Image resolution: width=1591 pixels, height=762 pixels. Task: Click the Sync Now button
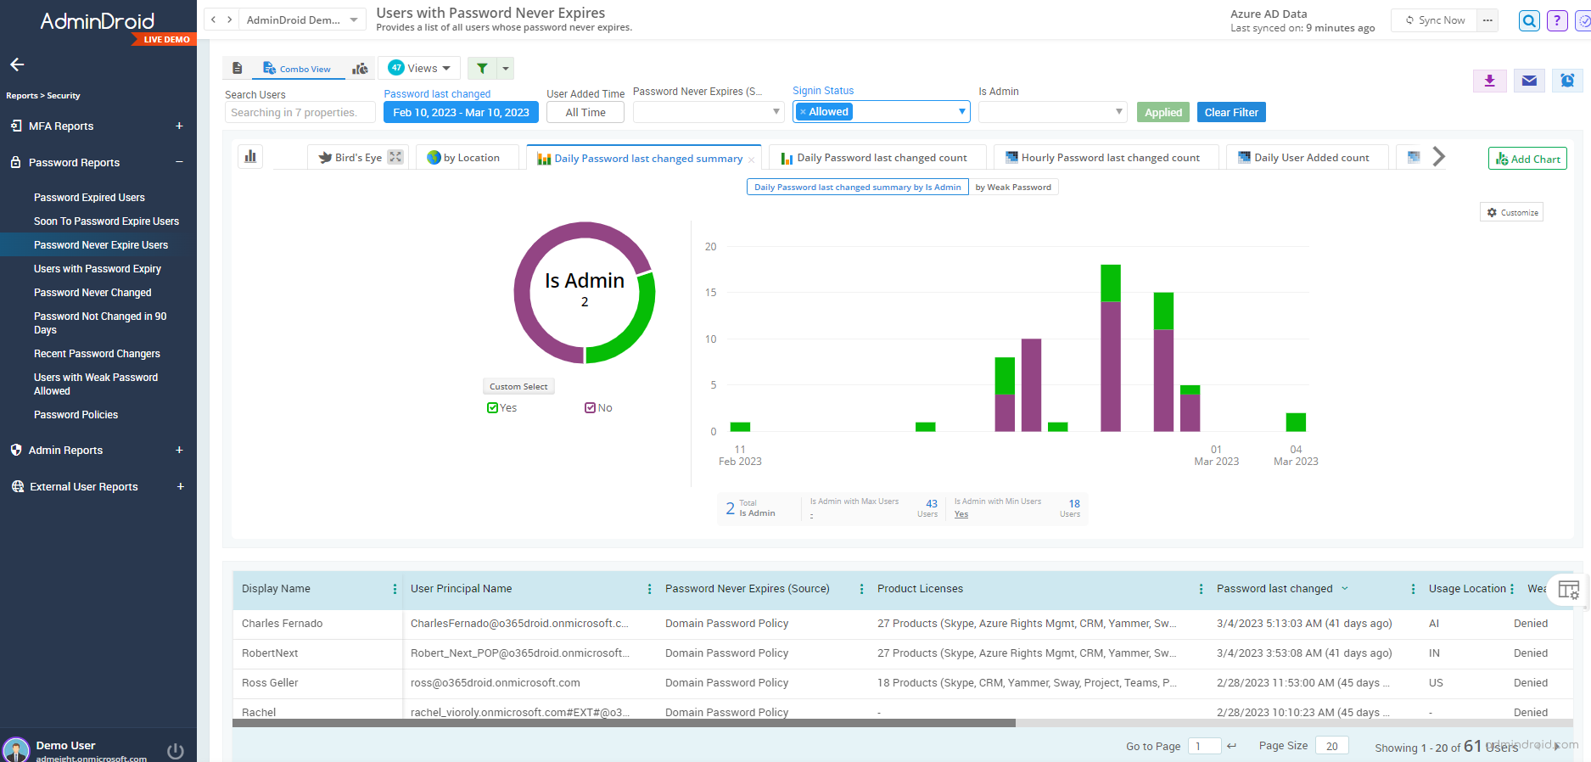(1435, 20)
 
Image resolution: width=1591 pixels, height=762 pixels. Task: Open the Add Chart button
(1527, 159)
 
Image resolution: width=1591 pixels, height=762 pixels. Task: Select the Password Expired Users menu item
(89, 198)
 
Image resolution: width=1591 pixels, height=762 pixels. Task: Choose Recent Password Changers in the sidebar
(97, 354)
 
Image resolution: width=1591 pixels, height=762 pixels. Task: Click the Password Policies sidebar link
(76, 415)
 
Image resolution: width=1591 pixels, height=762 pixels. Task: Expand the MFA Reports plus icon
(179, 126)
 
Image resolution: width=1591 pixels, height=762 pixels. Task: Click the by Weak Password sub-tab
(1013, 188)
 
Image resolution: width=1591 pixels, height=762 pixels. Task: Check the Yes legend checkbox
(493, 408)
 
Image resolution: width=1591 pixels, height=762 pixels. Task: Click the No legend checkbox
(591, 408)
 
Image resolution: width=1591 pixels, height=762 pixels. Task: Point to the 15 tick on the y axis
(710, 293)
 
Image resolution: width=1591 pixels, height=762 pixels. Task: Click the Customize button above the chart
(1512, 213)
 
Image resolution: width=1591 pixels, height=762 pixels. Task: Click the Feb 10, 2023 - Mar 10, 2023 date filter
(461, 113)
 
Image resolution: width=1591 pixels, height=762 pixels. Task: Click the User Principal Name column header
(461, 589)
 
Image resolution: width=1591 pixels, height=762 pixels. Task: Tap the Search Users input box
(300, 113)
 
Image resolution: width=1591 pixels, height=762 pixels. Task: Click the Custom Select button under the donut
(518, 387)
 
